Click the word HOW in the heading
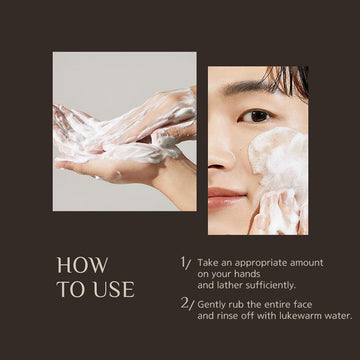tap(83, 265)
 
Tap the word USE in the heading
tap(114, 289)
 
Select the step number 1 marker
tap(185, 263)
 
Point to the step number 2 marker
tap(187, 304)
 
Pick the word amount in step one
tap(307, 263)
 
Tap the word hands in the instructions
tap(247, 274)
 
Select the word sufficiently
tap(271, 286)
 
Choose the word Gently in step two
tap(210, 305)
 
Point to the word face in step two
tap(303, 304)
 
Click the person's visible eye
tap(256, 116)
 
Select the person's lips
tap(226, 198)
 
